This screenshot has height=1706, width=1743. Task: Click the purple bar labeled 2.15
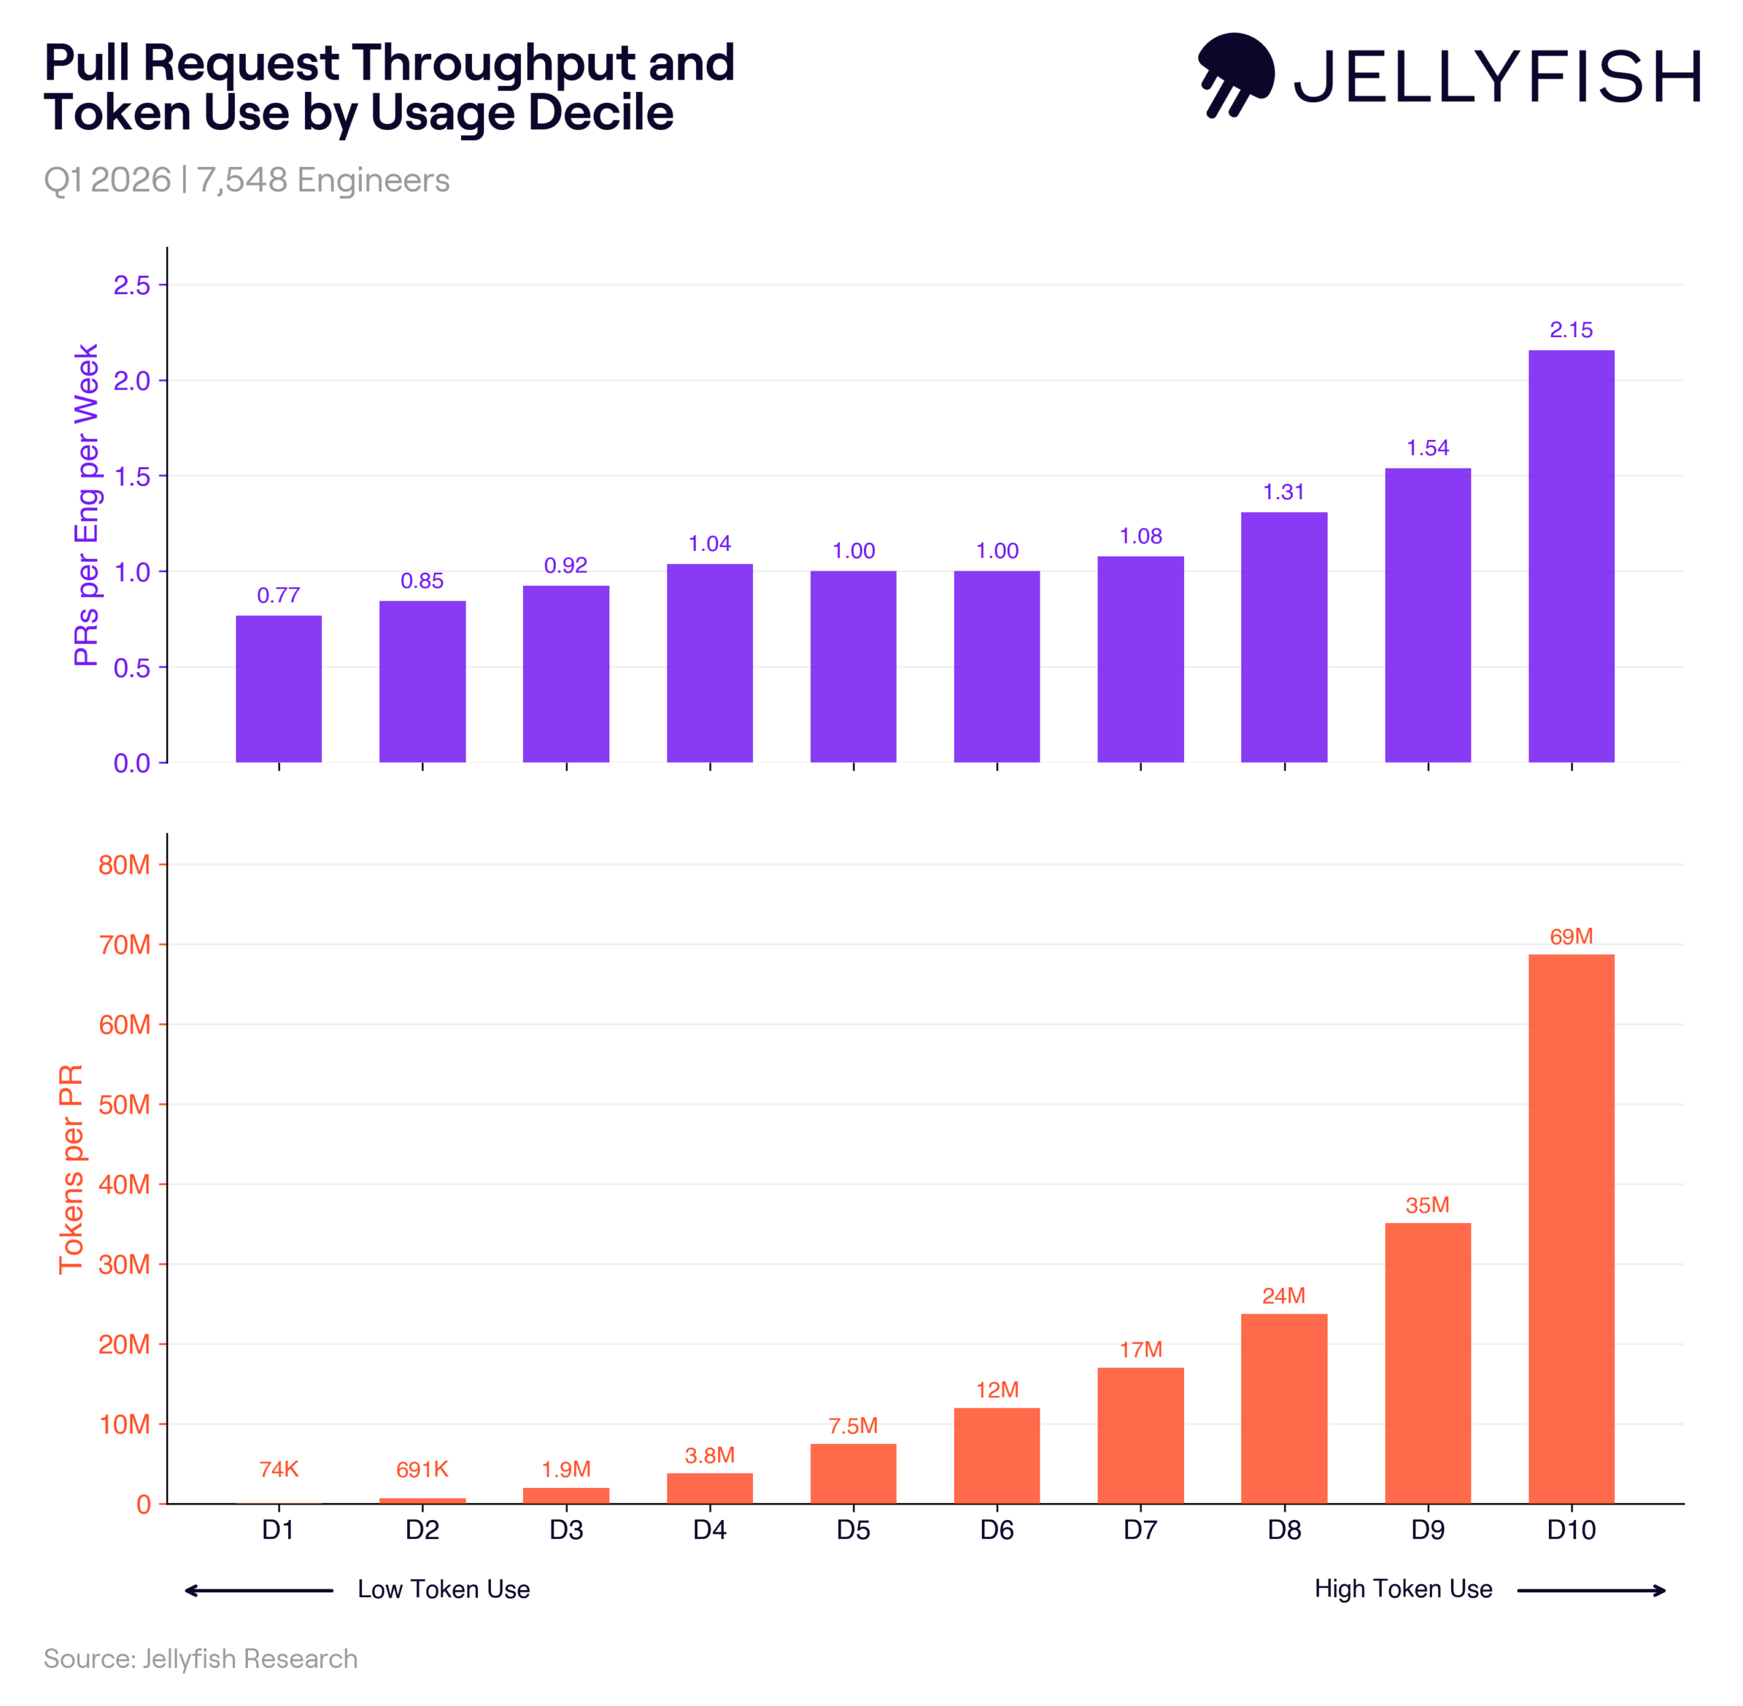point(1571,556)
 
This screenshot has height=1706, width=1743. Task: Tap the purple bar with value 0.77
point(278,688)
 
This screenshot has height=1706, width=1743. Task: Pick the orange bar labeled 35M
point(1428,1363)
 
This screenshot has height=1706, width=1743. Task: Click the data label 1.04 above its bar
point(709,543)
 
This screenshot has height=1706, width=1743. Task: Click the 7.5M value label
point(852,1425)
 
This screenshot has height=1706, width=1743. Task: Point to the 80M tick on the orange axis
point(125,865)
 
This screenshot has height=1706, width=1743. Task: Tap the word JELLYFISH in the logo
point(1497,77)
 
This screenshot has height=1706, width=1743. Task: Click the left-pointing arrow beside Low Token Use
point(258,1590)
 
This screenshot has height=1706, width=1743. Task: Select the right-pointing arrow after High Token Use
point(1590,1590)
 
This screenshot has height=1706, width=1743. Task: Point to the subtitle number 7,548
point(242,180)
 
